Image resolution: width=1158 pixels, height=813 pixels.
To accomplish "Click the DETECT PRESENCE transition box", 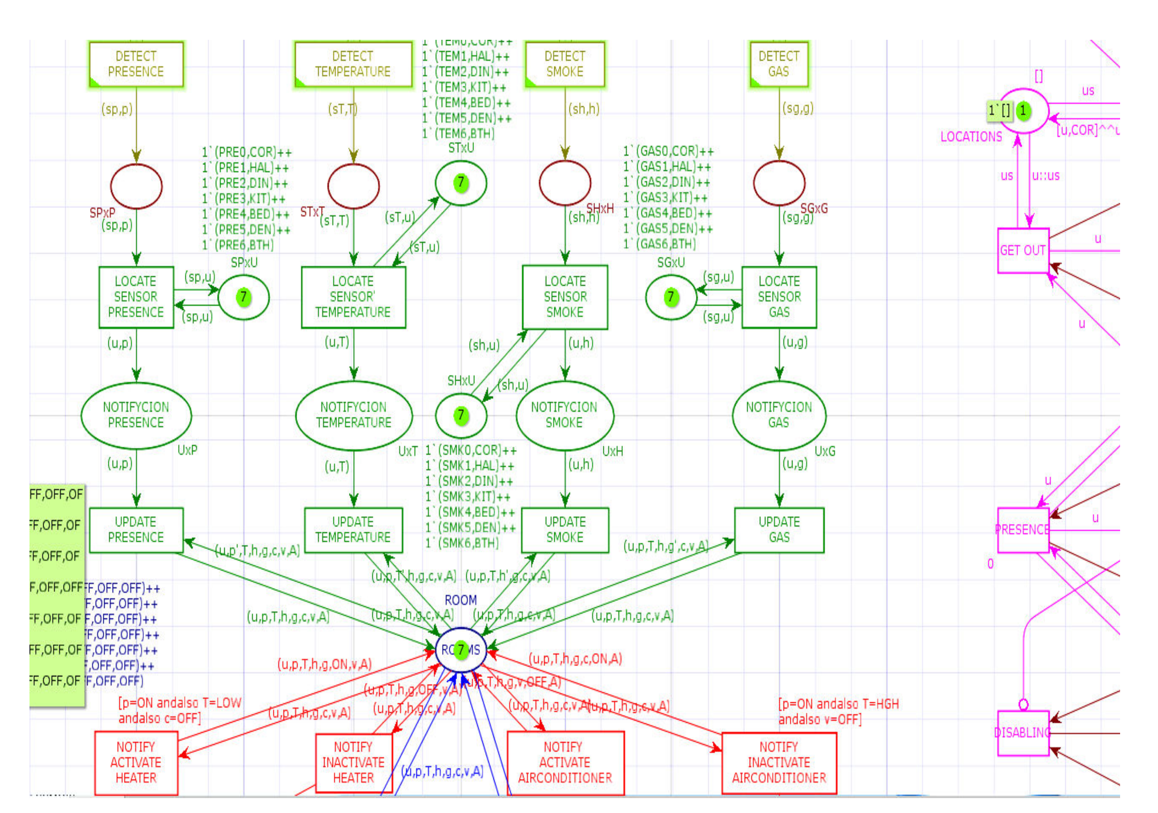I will coord(136,64).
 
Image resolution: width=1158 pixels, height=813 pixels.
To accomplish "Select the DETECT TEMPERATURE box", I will coord(353,64).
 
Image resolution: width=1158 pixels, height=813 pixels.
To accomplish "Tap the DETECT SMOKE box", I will coord(565,64).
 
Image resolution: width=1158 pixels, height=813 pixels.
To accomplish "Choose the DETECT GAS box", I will coord(779,64).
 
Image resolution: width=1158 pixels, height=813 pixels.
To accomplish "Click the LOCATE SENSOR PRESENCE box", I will coord(136,297).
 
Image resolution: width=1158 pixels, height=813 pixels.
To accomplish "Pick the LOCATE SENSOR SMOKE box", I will coord(565,297).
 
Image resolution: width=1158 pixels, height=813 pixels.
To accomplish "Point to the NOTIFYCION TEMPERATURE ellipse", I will coord(354,415).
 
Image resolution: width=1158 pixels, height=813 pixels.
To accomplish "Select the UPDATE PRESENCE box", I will coord(136,529).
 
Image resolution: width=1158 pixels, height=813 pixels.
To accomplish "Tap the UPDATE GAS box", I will coord(779,529).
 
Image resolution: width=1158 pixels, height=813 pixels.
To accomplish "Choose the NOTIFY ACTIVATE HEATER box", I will coord(136,762).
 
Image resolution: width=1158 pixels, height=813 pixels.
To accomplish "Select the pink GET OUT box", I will coord(1023,251).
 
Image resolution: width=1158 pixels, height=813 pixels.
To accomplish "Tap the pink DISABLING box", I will coord(1023,733).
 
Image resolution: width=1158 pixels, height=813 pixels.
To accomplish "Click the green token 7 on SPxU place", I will coord(243,297).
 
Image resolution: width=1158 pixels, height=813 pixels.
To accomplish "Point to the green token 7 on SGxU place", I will coord(671,297).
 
